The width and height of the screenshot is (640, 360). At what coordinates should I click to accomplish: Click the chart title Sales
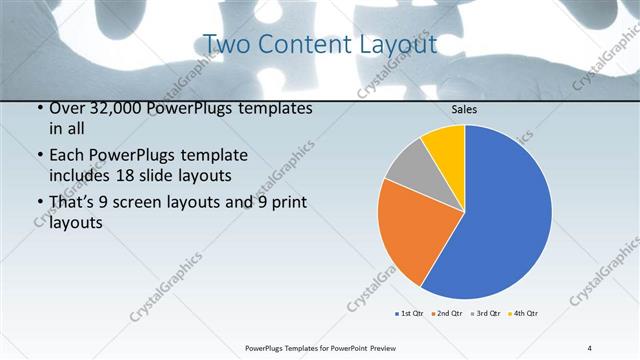(x=464, y=109)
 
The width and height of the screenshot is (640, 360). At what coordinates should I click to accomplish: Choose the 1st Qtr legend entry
(x=409, y=314)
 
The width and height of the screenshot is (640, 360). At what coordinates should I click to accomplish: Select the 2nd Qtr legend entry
(x=447, y=314)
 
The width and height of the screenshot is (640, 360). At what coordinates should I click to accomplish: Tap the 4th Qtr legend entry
(x=525, y=314)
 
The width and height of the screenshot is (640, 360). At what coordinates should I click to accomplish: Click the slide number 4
(x=589, y=347)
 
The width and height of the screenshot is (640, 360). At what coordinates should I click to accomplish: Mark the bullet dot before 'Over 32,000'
(x=38, y=108)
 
